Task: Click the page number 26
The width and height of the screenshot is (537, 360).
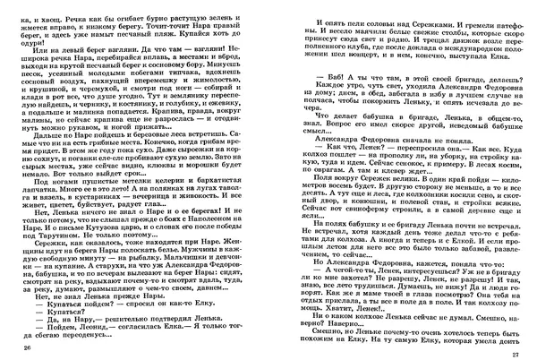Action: coord(26,347)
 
